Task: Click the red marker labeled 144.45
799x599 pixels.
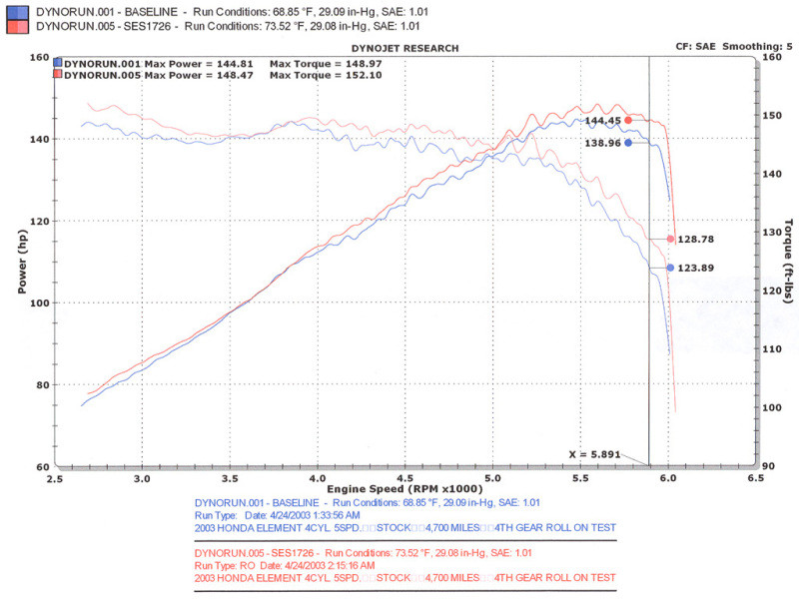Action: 628,120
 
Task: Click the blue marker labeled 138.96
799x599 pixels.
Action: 628,143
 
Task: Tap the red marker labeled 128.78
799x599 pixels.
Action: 670,239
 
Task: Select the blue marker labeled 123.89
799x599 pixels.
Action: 670,268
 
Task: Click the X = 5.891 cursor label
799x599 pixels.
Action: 595,454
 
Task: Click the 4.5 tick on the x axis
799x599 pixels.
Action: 404,478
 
